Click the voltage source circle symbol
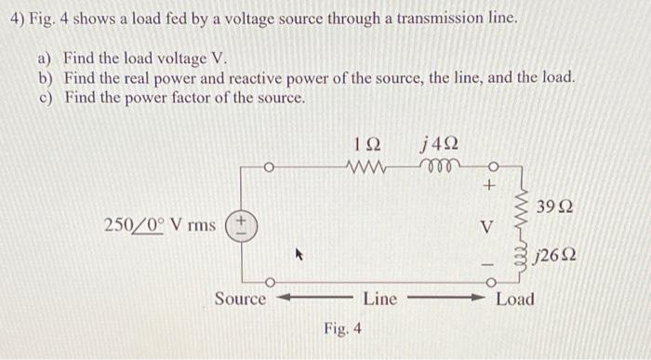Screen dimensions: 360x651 click(x=244, y=223)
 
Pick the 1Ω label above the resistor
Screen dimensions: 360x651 click(x=368, y=144)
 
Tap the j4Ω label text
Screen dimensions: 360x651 click(x=439, y=143)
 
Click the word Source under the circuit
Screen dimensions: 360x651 click(x=240, y=299)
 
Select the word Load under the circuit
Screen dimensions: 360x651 click(x=515, y=299)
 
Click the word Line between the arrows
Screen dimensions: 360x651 click(x=380, y=299)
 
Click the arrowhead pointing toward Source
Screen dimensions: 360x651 click(x=278, y=300)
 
